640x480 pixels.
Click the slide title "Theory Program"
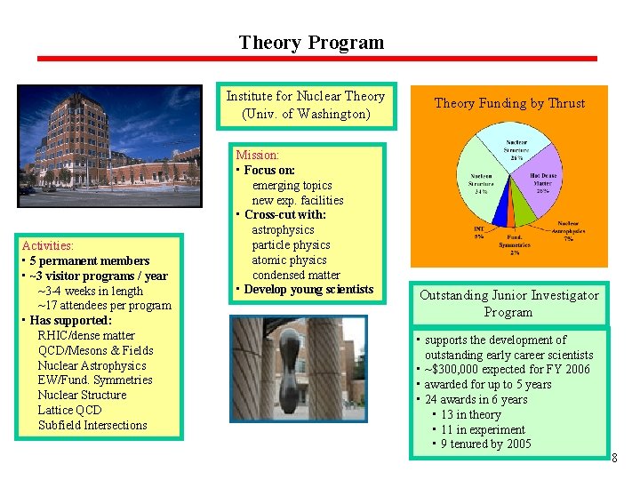click(311, 43)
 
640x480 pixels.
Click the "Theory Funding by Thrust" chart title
click(509, 103)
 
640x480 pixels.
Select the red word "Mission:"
click(257, 155)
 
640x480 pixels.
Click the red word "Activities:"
click(48, 245)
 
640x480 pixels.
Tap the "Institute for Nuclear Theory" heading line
click(305, 96)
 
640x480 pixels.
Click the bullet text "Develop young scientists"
click(308, 289)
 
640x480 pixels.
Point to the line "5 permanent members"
click(89, 260)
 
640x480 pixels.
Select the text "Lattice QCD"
click(69, 410)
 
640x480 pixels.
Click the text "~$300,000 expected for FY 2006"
click(507, 369)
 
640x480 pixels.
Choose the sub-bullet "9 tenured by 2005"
click(486, 444)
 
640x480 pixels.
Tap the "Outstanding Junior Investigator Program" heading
click(509, 303)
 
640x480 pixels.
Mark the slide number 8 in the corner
click(614, 458)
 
